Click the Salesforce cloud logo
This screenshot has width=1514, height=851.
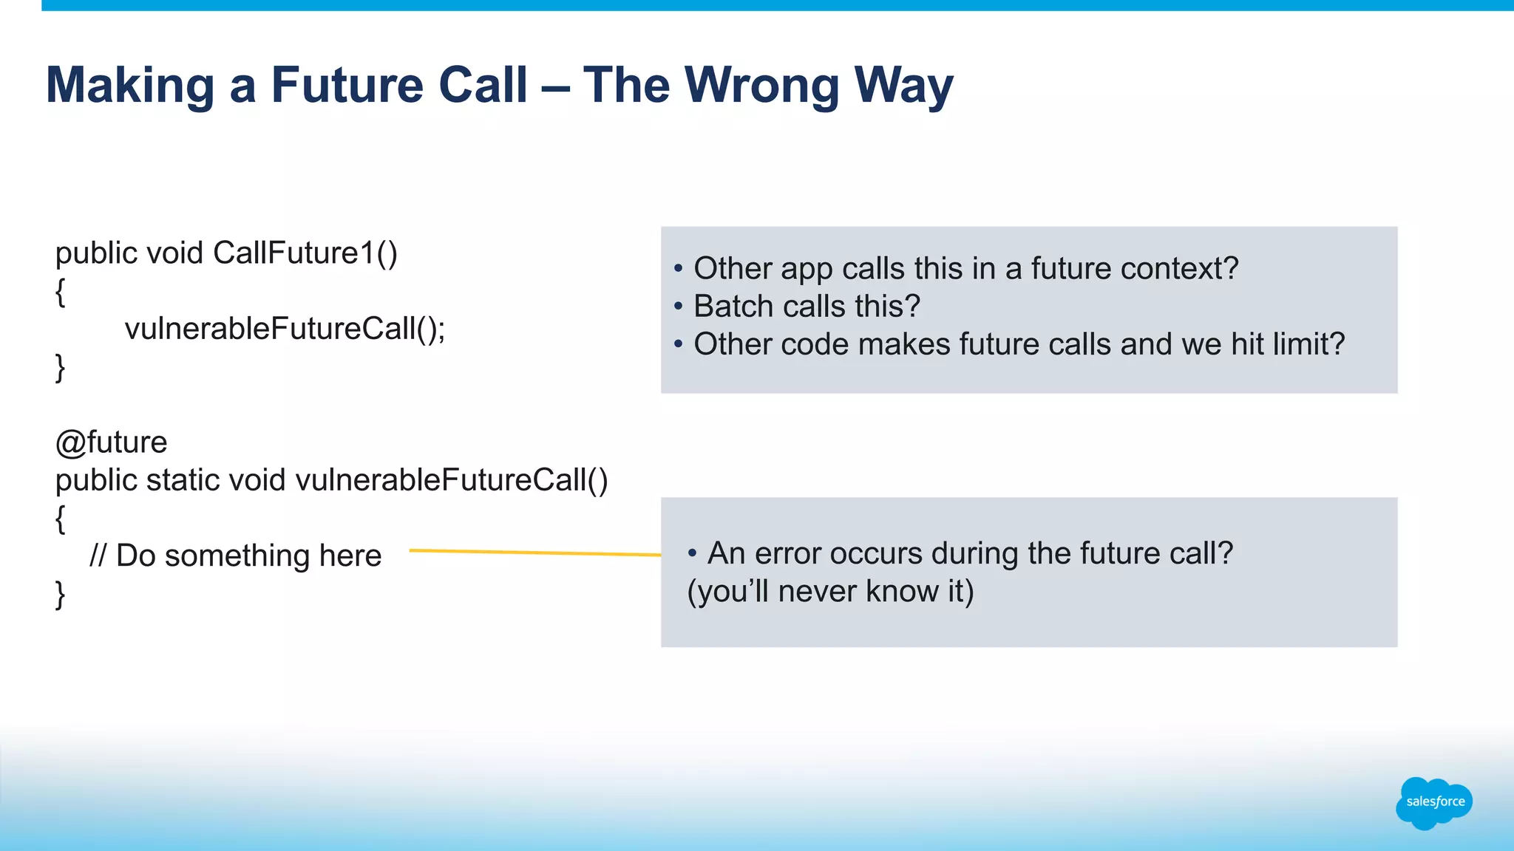pos(1433,802)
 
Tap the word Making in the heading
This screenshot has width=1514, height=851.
pos(130,86)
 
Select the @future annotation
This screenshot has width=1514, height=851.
pos(111,442)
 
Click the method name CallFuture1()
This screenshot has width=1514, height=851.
pos(305,253)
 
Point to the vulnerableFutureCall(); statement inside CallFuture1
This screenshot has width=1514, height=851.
pos(285,329)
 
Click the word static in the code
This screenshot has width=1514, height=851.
pos(182,480)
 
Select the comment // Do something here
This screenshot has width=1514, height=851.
pos(235,556)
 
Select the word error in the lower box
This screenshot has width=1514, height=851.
pos(787,553)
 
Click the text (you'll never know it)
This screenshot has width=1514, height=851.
pos(830,592)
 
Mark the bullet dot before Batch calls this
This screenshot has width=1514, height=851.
pos(678,307)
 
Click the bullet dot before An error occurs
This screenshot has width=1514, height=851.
pos(692,553)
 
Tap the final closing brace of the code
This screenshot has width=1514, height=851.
pos(60,594)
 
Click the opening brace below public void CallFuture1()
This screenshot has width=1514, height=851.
pos(60,292)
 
